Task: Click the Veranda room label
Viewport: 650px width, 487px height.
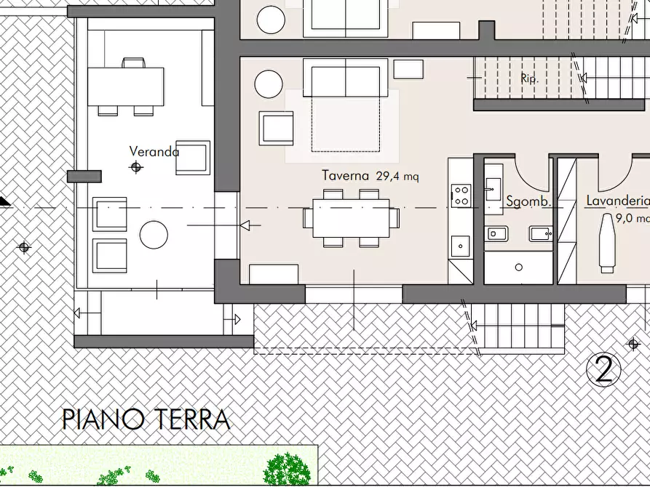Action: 154,152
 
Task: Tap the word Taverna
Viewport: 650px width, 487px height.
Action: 346,176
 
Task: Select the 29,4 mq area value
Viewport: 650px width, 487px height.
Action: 397,176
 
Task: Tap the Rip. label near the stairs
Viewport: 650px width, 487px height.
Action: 529,79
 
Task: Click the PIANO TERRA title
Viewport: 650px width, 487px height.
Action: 146,419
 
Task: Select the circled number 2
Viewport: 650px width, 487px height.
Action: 604,370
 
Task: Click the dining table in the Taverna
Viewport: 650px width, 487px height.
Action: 351,218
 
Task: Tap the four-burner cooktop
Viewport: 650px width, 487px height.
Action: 461,196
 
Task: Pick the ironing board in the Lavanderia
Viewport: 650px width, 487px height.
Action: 607,242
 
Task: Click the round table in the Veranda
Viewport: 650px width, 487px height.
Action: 154,235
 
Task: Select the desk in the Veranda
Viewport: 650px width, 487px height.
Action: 126,86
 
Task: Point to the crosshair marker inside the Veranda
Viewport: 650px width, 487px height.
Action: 135,167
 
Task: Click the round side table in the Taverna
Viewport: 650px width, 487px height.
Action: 269,84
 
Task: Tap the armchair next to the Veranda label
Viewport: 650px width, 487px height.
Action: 192,158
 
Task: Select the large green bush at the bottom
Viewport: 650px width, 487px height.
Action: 286,468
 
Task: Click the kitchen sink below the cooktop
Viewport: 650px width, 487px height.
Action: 460,246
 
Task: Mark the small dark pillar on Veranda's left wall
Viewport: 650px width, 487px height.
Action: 84,176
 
